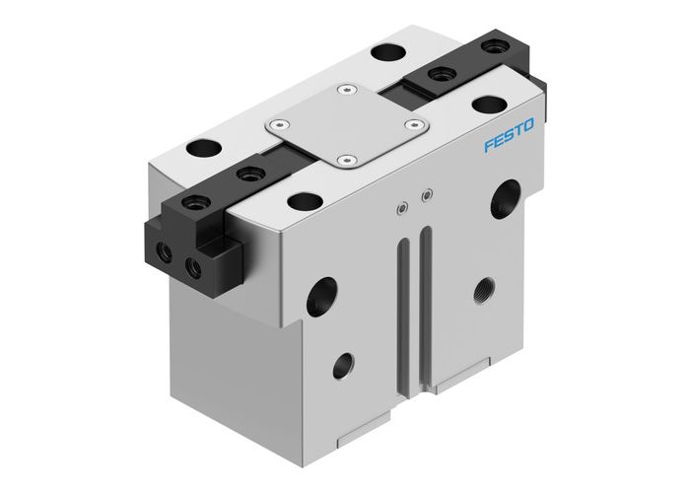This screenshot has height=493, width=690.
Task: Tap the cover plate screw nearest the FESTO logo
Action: [414, 125]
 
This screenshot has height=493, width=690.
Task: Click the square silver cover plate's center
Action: [346, 125]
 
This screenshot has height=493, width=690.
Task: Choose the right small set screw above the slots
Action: [425, 195]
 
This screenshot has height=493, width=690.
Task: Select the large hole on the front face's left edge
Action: [321, 296]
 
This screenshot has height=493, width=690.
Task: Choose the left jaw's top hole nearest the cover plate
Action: [245, 176]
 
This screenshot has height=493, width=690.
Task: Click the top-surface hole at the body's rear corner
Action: [384, 50]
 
